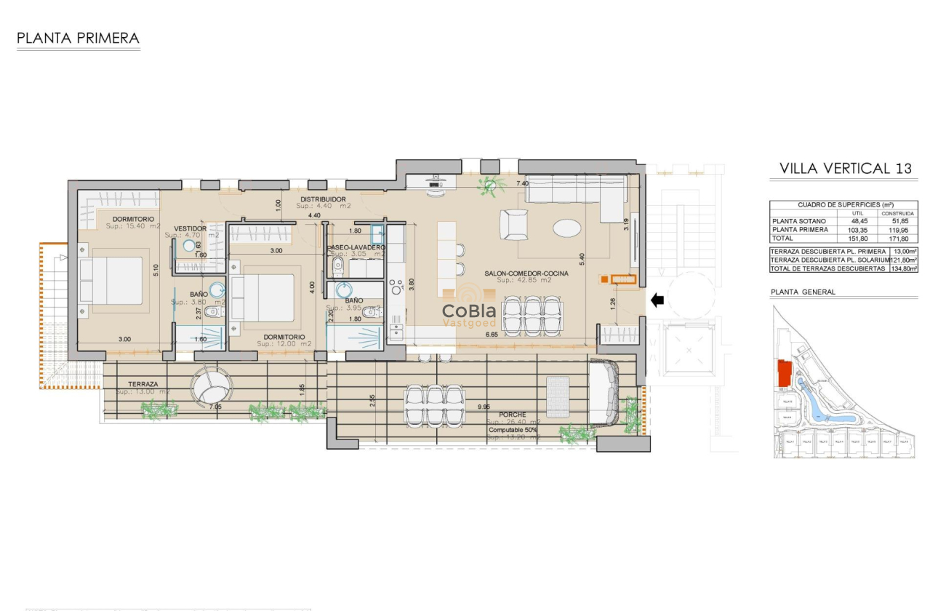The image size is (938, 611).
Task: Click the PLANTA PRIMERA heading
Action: tap(78, 38)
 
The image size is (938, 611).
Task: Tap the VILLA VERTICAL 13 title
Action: tap(845, 169)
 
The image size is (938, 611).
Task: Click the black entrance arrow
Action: tap(657, 300)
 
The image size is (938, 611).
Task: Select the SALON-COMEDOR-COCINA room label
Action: tap(526, 273)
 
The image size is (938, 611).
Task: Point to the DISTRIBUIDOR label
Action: tap(323, 199)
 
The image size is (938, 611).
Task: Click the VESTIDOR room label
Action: tap(191, 228)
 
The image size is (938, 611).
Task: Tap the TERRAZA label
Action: tap(143, 384)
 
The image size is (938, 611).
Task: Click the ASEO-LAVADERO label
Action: tap(356, 247)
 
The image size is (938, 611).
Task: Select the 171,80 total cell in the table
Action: tap(902, 238)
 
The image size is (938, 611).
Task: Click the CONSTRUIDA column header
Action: tap(902, 213)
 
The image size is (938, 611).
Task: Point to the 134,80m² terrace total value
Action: tap(903, 268)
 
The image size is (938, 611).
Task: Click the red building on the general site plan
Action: tap(784, 374)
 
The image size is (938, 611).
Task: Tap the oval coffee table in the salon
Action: tap(566, 228)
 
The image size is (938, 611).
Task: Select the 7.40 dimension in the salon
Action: tap(521, 184)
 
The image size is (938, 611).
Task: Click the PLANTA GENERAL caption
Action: tap(803, 292)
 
